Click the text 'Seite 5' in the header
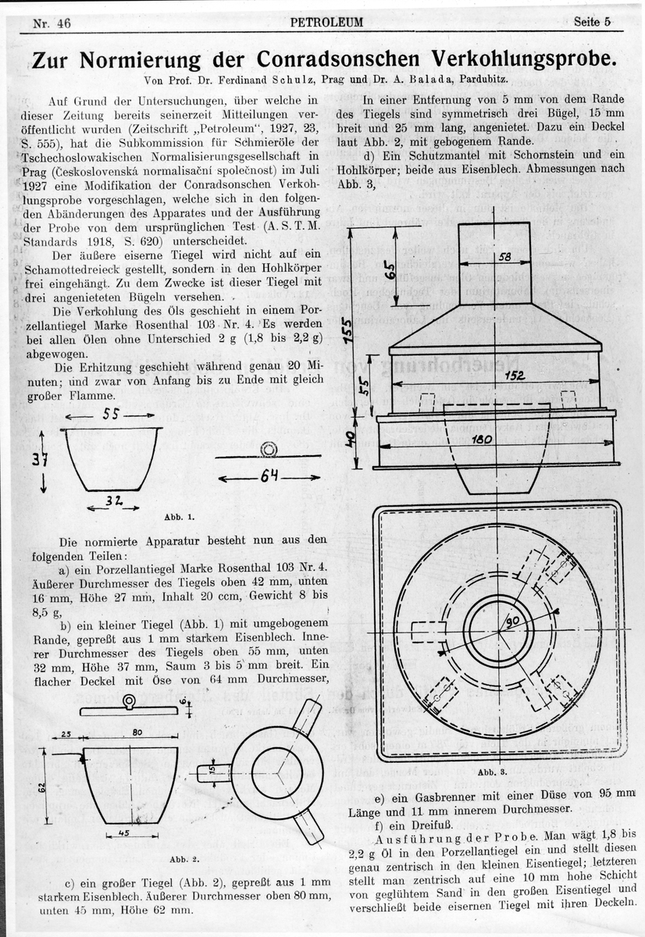coord(591,22)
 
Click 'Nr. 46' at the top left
coord(52,23)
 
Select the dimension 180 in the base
coord(482,440)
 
